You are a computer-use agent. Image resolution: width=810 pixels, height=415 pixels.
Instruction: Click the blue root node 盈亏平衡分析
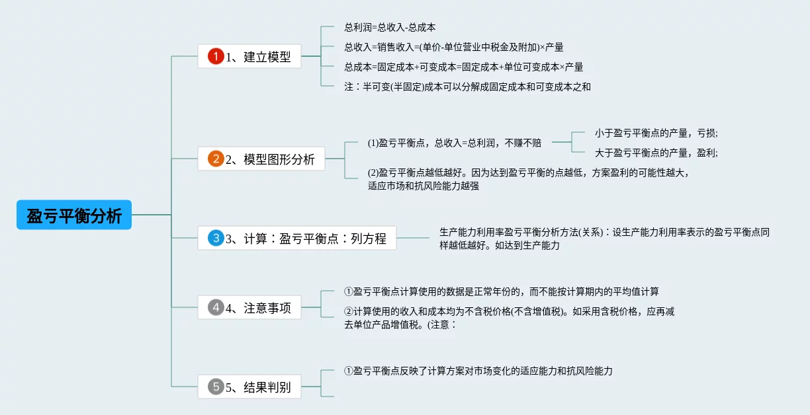[x=74, y=215]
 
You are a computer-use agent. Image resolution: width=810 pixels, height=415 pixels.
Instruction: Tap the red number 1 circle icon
[x=216, y=56]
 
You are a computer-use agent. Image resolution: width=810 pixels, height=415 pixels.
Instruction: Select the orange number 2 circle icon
[x=216, y=159]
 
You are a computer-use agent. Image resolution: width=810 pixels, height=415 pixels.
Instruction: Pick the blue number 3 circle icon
[x=216, y=238]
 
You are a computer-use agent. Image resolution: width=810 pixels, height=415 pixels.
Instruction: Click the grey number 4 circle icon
[x=216, y=307]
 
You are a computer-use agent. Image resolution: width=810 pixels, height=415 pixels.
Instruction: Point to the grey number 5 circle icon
[x=216, y=387]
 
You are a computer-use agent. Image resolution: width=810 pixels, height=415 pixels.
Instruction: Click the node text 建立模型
[x=267, y=57]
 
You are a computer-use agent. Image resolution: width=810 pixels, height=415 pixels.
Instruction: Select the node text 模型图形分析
[x=279, y=159]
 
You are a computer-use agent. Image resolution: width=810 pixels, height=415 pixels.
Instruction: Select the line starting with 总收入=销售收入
[x=453, y=48]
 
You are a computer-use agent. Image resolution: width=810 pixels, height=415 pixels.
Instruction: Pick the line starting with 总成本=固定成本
[x=463, y=67]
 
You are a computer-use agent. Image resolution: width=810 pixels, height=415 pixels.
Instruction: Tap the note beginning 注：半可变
[x=467, y=87]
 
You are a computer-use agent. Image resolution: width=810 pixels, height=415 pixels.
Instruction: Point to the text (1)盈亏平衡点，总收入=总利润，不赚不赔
[x=454, y=142]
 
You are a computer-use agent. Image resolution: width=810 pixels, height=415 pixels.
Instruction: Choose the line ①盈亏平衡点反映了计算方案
[x=478, y=371]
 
